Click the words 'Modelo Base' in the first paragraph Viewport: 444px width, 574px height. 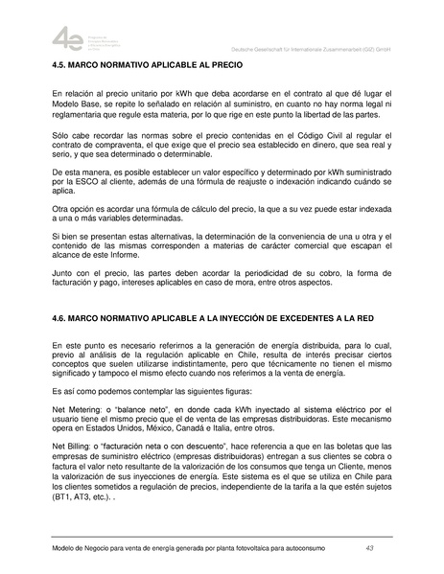pos(76,104)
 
